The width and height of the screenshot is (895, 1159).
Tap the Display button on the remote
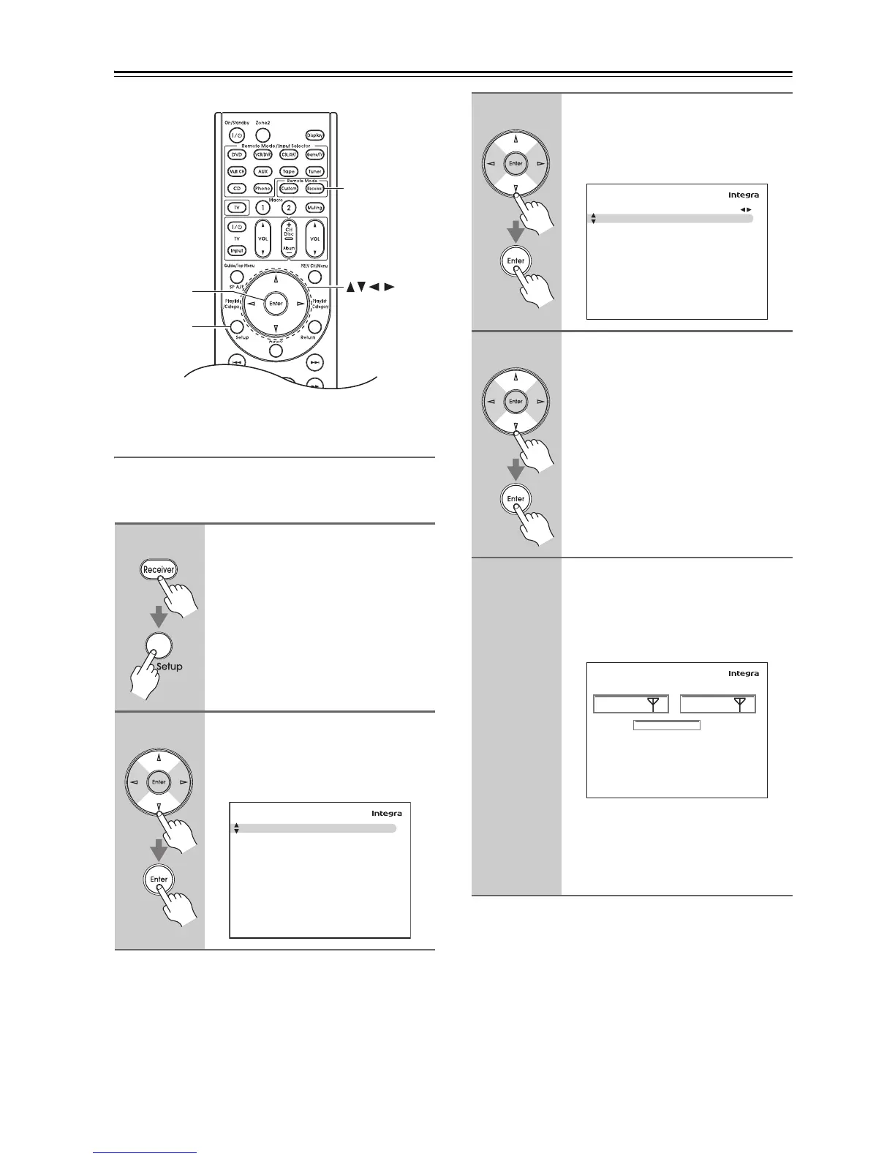tap(315, 135)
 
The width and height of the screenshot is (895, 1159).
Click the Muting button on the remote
tap(315, 208)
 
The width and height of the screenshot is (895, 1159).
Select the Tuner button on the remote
tap(315, 172)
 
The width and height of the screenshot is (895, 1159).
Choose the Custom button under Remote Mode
tap(289, 189)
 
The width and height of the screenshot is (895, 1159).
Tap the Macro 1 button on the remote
tap(263, 208)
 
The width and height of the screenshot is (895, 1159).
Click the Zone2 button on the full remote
tap(263, 135)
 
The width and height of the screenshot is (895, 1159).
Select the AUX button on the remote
tap(263, 172)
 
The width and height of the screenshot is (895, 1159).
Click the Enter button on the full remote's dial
tap(276, 304)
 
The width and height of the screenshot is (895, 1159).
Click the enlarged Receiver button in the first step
tap(159, 569)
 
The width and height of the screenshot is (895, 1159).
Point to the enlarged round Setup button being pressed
tap(159, 645)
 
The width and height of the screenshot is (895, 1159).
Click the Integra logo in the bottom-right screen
tap(744, 674)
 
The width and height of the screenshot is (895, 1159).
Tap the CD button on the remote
tap(237, 189)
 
